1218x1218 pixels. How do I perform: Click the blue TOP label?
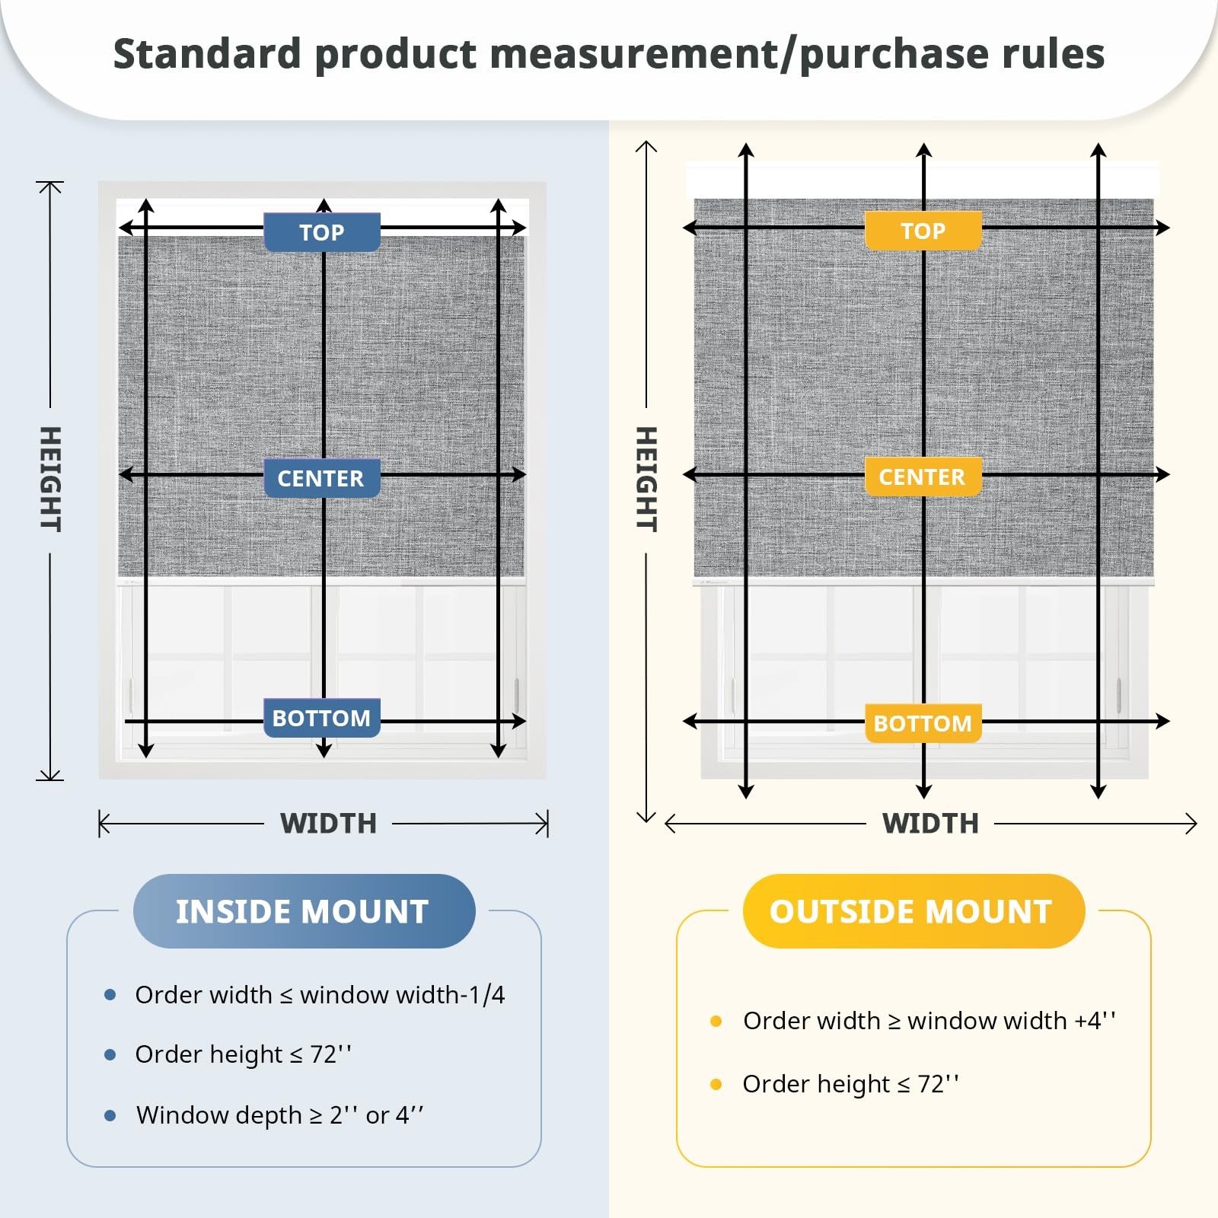(x=322, y=232)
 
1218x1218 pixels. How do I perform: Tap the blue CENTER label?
(x=322, y=478)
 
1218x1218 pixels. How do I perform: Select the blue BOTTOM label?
(x=322, y=718)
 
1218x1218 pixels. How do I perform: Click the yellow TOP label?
(x=923, y=231)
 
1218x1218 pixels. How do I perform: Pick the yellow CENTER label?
(x=923, y=477)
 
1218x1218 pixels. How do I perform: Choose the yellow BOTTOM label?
(x=923, y=723)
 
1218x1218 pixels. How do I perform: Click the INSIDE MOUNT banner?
(x=304, y=911)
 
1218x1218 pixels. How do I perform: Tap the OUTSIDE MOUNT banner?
(x=913, y=911)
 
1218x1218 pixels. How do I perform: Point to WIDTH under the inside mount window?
(x=328, y=824)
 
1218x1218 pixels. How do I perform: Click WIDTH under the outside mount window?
(x=930, y=824)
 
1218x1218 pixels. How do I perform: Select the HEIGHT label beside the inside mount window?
(x=50, y=480)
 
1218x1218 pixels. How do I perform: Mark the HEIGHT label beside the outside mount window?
(x=646, y=480)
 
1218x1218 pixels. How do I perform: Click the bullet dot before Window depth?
(x=110, y=1115)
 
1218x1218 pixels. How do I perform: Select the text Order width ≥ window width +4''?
(x=929, y=1021)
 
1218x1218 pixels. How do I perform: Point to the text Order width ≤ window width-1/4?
(x=320, y=995)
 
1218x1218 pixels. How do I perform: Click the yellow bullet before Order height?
(x=716, y=1084)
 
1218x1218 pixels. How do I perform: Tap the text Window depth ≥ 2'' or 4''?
(x=279, y=1115)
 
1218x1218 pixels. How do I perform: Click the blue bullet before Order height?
(x=110, y=1054)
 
